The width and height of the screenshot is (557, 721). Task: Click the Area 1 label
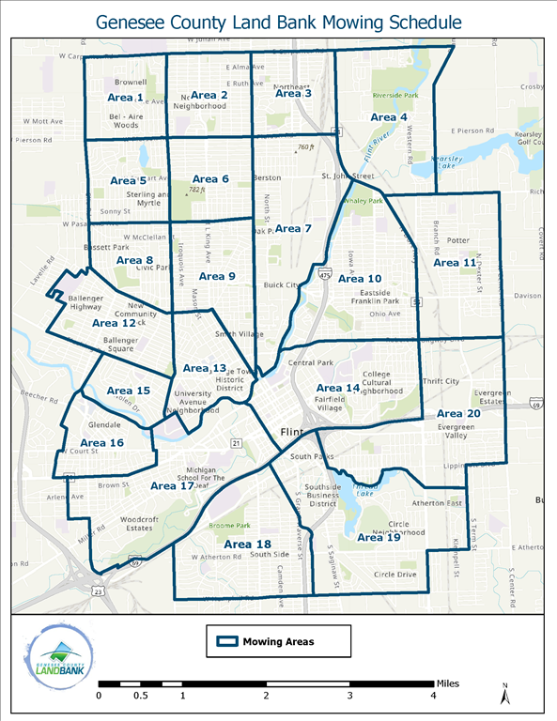[x=127, y=98]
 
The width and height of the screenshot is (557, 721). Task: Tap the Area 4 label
[x=389, y=117]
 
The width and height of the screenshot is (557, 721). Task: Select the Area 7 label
[x=293, y=229]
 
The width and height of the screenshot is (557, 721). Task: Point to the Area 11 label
[x=455, y=263]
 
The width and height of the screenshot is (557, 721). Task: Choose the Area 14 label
[x=338, y=388]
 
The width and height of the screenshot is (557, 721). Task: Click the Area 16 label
[x=101, y=442]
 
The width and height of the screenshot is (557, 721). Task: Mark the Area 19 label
[x=379, y=537]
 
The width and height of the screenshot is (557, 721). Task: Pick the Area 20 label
[x=459, y=413]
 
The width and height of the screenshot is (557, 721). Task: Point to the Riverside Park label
[x=395, y=96]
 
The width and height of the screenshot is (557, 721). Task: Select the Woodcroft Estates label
[x=127, y=523]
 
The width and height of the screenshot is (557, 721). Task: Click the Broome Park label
[x=231, y=526]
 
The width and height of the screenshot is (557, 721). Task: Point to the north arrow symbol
[x=505, y=696]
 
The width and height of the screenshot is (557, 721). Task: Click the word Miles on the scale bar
[x=448, y=683]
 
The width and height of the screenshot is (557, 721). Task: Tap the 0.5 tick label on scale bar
[x=140, y=696]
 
